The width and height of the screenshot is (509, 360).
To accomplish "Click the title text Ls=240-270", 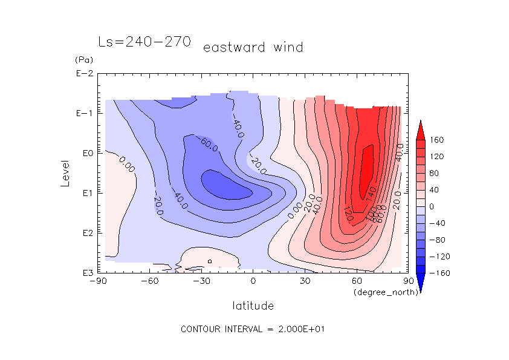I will (x=144, y=42).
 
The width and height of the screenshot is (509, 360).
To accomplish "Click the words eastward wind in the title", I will (x=253, y=47).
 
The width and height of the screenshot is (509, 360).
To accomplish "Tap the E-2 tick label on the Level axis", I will (x=84, y=74).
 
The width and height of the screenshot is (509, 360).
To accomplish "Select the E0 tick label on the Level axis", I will (x=85, y=153).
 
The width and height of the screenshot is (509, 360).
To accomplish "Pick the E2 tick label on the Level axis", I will (x=85, y=233).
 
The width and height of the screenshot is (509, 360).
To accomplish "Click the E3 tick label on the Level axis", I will (x=85, y=273).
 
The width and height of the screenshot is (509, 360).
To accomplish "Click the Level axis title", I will (x=66, y=173).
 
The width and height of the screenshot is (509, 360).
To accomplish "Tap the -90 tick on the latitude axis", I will (x=98, y=281).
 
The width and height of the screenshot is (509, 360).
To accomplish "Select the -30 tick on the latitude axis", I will (x=201, y=281).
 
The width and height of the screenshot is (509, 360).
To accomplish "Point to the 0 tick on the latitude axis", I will (x=253, y=281).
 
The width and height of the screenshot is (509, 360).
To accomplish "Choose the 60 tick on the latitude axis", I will (x=357, y=281).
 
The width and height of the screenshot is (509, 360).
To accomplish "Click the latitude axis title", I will (x=253, y=306).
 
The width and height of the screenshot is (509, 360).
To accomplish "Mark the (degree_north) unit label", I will (x=378, y=292).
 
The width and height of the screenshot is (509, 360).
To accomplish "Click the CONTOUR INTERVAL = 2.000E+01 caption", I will (x=254, y=329).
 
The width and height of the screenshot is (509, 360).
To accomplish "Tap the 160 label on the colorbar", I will (x=437, y=140).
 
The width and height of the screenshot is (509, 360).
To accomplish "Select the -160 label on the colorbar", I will (x=438, y=273).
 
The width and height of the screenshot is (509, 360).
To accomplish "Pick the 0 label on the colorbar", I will (x=432, y=207).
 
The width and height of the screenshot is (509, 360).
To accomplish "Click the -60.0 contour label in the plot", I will (x=210, y=143).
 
